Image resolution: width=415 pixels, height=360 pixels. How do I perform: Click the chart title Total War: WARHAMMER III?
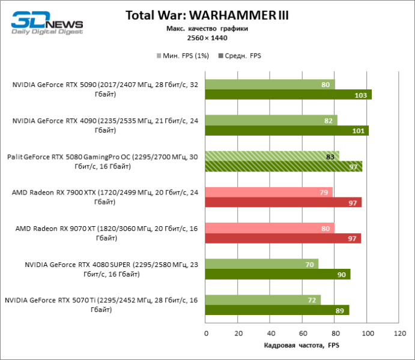click(207, 16)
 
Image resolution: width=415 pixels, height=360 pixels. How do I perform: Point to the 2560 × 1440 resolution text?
click(207, 38)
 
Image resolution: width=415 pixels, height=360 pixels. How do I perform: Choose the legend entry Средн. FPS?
click(240, 56)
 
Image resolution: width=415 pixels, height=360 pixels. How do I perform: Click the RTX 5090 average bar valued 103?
click(288, 94)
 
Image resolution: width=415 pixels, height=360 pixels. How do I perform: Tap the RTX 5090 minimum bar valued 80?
click(270, 85)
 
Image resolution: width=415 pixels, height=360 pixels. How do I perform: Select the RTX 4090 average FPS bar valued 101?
click(286, 130)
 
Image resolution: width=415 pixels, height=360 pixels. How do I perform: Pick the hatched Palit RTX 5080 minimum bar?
click(272, 157)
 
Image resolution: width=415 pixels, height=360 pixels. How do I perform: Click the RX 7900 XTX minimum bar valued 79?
click(268, 192)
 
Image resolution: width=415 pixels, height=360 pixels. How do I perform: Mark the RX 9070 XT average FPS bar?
click(283, 238)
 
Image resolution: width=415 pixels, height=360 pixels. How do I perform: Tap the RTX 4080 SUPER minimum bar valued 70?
click(261, 264)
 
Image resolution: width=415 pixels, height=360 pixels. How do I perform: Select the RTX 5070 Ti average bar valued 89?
click(277, 310)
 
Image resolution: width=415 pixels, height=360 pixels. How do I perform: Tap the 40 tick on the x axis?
click(270, 333)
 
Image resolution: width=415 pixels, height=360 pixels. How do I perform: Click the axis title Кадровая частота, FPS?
click(301, 346)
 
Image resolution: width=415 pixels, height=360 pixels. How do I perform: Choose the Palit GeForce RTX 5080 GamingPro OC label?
click(102, 161)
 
